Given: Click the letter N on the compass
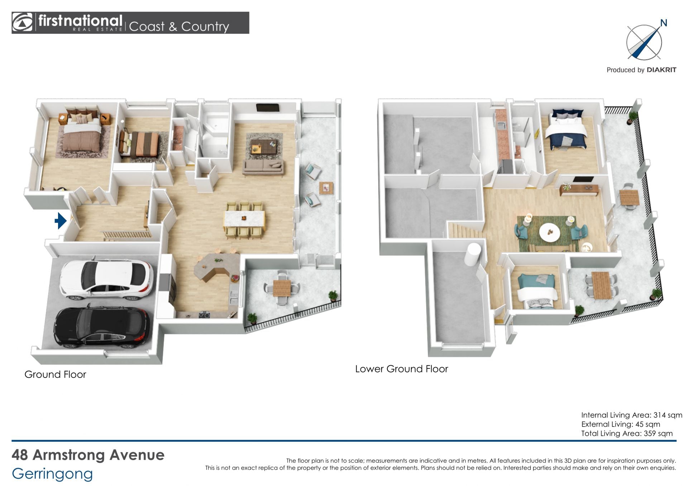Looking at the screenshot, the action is coord(664,23).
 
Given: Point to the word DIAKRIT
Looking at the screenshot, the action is coord(661,70).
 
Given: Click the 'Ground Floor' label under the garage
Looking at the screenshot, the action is coord(55,374).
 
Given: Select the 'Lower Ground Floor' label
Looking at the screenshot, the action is coord(401,369).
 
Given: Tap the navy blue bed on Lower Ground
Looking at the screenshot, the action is coord(567,129).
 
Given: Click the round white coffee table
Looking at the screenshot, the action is coord(550,232).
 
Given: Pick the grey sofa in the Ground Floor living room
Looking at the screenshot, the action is coord(263,167).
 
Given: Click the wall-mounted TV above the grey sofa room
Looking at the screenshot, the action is coord(268,107).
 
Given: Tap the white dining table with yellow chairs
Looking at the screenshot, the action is coord(244,218).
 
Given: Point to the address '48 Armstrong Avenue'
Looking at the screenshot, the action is coord(88,455).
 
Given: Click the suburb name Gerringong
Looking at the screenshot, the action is coord(52,474).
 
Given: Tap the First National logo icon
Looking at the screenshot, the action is coord(22,23).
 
